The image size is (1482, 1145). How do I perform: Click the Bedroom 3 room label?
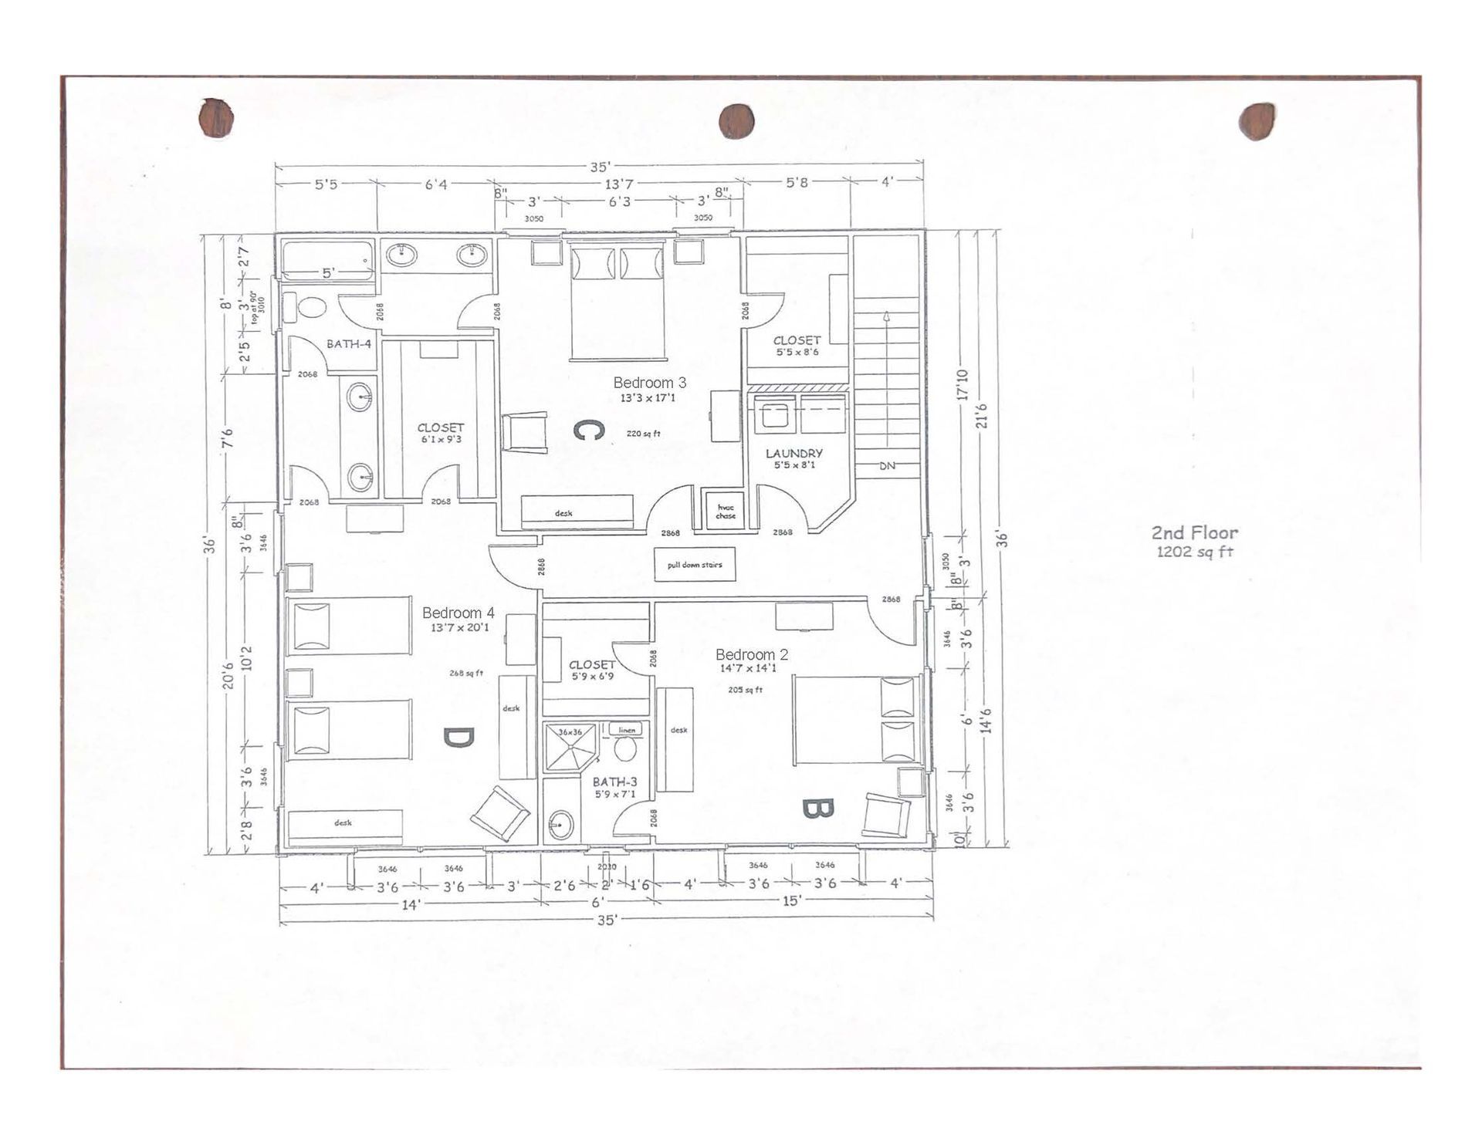pyautogui.click(x=649, y=382)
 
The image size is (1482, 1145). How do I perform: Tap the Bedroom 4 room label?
pyautogui.click(x=458, y=613)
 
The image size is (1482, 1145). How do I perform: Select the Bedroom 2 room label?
pyautogui.click(x=751, y=654)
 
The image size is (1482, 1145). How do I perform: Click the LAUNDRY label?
pyautogui.click(x=793, y=453)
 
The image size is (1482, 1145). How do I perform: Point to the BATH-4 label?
pyautogui.click(x=348, y=343)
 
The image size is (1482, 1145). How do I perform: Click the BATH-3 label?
pyautogui.click(x=614, y=782)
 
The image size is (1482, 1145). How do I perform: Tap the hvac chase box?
pyautogui.click(x=725, y=512)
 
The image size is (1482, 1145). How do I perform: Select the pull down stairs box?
pyautogui.click(x=694, y=565)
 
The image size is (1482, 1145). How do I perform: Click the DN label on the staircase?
pyautogui.click(x=887, y=466)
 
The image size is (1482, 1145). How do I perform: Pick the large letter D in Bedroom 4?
pyautogui.click(x=458, y=738)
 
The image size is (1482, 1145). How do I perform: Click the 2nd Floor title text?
pyautogui.click(x=1194, y=532)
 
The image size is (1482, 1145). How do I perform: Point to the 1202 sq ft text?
pyautogui.click(x=1194, y=552)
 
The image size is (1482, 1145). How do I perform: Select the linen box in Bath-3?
pyautogui.click(x=626, y=729)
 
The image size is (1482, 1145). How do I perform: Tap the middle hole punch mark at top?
pyautogui.click(x=736, y=121)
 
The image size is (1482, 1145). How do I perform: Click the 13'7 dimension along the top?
pyautogui.click(x=619, y=184)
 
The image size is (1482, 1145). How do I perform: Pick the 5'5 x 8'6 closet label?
pyautogui.click(x=797, y=352)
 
